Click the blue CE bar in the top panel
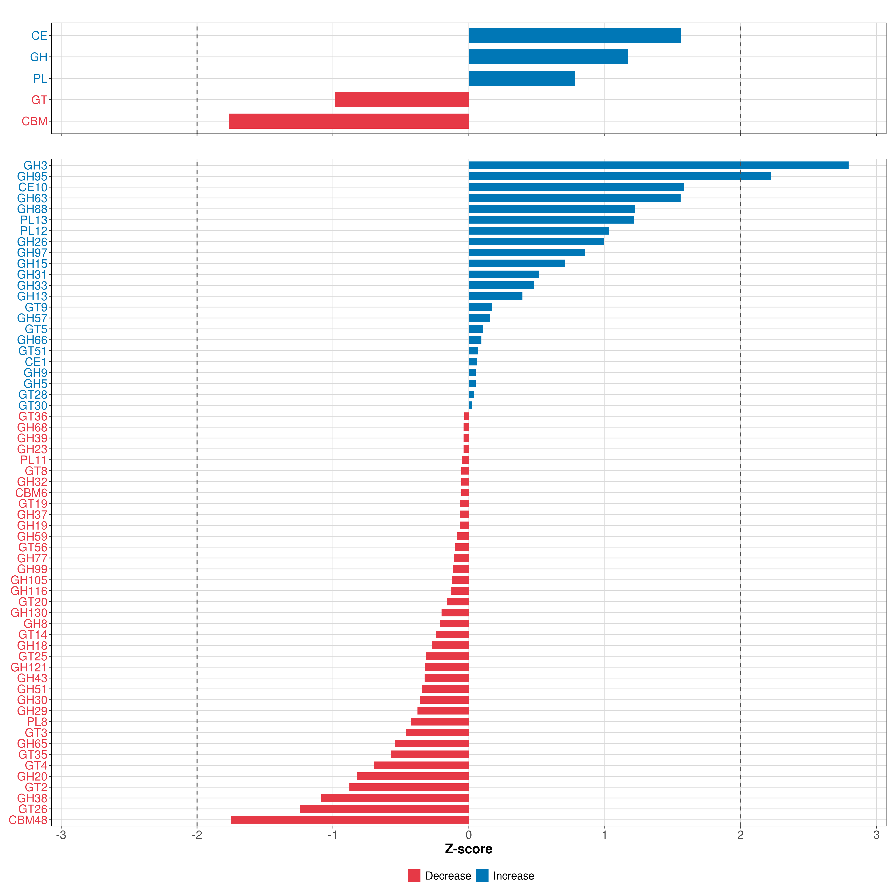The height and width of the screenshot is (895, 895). (574, 36)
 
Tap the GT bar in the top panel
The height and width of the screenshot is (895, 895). (402, 100)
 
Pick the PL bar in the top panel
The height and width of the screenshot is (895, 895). (522, 78)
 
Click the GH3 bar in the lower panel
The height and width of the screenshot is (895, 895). (658, 165)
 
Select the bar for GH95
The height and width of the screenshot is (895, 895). (620, 176)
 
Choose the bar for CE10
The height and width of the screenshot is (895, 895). (576, 187)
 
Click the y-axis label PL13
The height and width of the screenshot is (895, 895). (34, 220)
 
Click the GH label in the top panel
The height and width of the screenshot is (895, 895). (38, 57)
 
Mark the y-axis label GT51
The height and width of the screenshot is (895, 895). (33, 351)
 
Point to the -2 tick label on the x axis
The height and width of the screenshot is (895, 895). (197, 835)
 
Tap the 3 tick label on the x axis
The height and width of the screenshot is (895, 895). (876, 835)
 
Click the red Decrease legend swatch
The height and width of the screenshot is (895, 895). (414, 876)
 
